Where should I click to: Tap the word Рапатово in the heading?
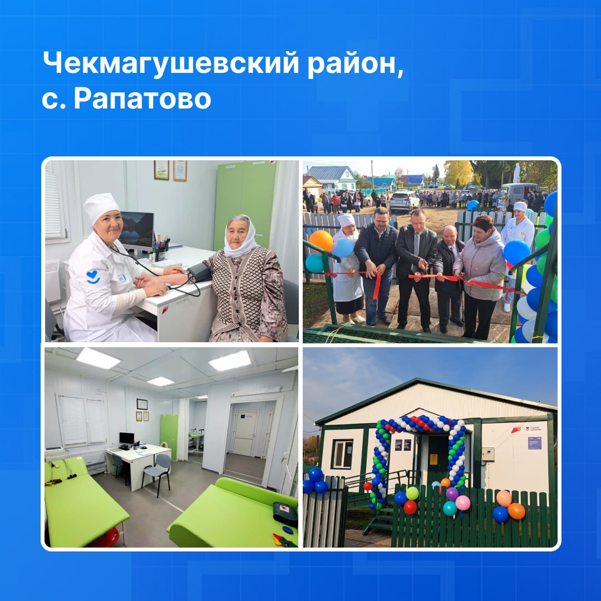point(142,99)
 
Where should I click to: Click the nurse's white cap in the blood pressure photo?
point(101,206)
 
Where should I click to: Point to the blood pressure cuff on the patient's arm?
point(199,273)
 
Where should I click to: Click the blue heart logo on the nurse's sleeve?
point(93,277)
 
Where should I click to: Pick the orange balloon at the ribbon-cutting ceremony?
point(321,241)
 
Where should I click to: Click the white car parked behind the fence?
point(404,201)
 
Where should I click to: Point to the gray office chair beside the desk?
point(157,474)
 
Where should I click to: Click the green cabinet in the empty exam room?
point(169,437)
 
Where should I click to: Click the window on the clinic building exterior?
point(342,454)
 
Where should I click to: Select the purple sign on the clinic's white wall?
point(534,444)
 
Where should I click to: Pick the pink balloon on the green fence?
point(462,503)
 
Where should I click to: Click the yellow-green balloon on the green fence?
point(412,493)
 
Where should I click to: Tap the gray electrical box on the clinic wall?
point(487,454)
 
